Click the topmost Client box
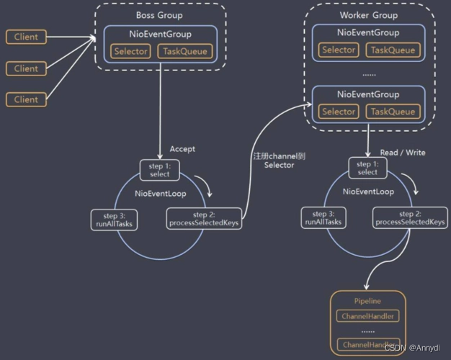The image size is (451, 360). (x=26, y=37)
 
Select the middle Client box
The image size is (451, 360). (x=26, y=68)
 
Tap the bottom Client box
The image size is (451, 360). (x=26, y=99)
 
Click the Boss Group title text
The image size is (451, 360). (x=159, y=15)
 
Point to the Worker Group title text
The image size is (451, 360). (x=368, y=15)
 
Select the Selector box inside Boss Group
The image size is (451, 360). (x=130, y=51)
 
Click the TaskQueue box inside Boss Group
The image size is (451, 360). (x=187, y=51)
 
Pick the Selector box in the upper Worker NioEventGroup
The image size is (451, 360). (x=339, y=50)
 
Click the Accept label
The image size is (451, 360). (x=182, y=149)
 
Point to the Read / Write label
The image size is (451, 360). (x=402, y=153)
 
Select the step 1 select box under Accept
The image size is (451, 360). (x=159, y=170)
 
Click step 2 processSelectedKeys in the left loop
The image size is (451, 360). (x=204, y=219)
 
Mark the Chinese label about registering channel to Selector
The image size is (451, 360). (x=277, y=161)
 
